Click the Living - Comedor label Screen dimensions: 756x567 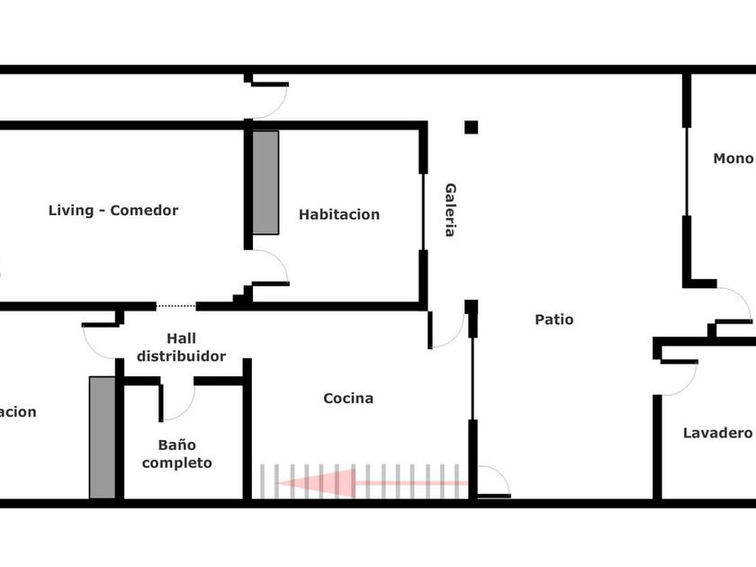[113, 211]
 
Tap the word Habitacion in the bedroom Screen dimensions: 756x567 [339, 214]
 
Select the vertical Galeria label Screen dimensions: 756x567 [450, 210]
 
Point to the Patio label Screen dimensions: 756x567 [553, 319]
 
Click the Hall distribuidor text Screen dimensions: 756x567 [181, 347]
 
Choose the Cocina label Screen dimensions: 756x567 [348, 398]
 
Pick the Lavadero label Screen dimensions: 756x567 [717, 433]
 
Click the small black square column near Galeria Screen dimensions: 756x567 [471, 127]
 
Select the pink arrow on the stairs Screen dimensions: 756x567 [360, 482]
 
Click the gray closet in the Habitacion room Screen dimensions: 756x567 [265, 183]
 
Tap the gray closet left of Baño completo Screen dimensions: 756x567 [103, 436]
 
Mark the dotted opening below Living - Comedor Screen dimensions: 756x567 [175, 306]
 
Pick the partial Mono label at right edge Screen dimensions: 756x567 [733, 158]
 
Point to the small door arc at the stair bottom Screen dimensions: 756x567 [493, 481]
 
